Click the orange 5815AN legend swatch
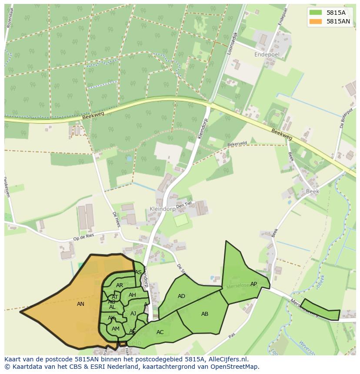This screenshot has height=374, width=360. click(x=316, y=21)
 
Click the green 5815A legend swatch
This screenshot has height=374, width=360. click(x=316, y=13)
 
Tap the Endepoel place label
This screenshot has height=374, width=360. click(x=267, y=55)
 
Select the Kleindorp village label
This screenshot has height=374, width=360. click(x=162, y=209)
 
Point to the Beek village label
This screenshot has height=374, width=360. click(x=312, y=191)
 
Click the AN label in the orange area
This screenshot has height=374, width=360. click(x=80, y=304)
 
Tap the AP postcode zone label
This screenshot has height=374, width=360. click(x=253, y=284)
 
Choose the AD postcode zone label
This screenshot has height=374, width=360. click(x=181, y=296)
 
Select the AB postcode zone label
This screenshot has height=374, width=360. click(x=205, y=314)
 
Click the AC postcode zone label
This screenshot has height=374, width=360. click(x=160, y=332)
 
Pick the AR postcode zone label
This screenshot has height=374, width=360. click(x=120, y=285)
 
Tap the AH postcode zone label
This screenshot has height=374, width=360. click(x=132, y=295)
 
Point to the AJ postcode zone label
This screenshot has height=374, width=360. click(x=133, y=314)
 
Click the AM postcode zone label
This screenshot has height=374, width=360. click(x=115, y=329)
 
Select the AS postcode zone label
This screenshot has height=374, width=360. click(x=138, y=272)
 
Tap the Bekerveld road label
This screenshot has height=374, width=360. click(x=237, y=143)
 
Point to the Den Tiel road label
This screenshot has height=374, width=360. click(x=183, y=205)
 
